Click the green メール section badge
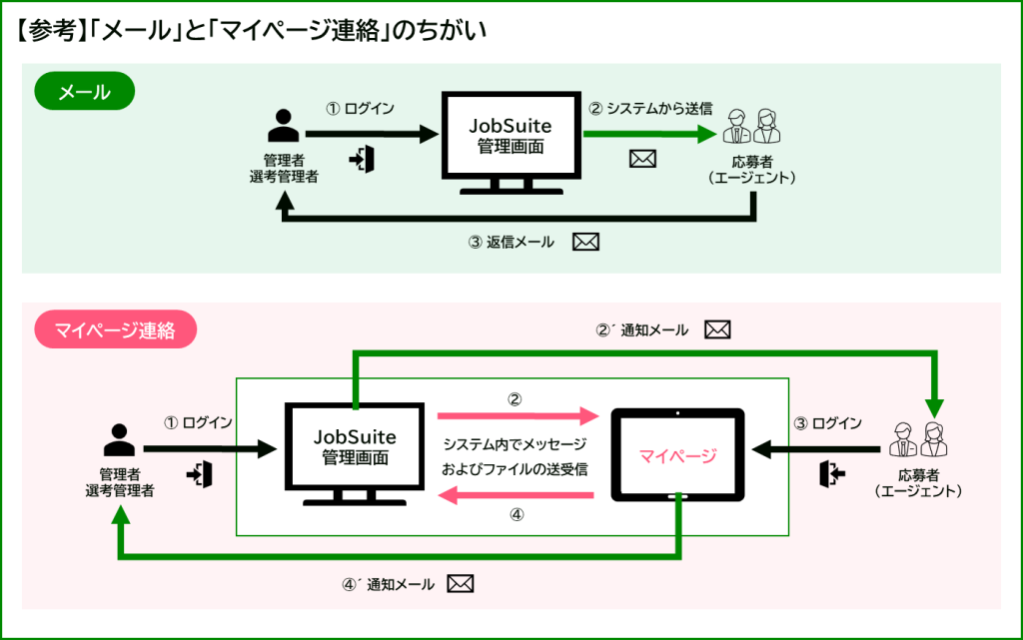(x=85, y=93)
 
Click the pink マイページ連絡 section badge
(x=115, y=330)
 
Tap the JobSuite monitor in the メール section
(x=510, y=139)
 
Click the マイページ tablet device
(x=678, y=456)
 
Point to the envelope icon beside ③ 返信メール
(x=585, y=242)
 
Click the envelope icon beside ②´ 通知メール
(x=718, y=329)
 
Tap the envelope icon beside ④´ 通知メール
(x=460, y=584)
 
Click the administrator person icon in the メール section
(x=284, y=128)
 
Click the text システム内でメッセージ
(x=515, y=443)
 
